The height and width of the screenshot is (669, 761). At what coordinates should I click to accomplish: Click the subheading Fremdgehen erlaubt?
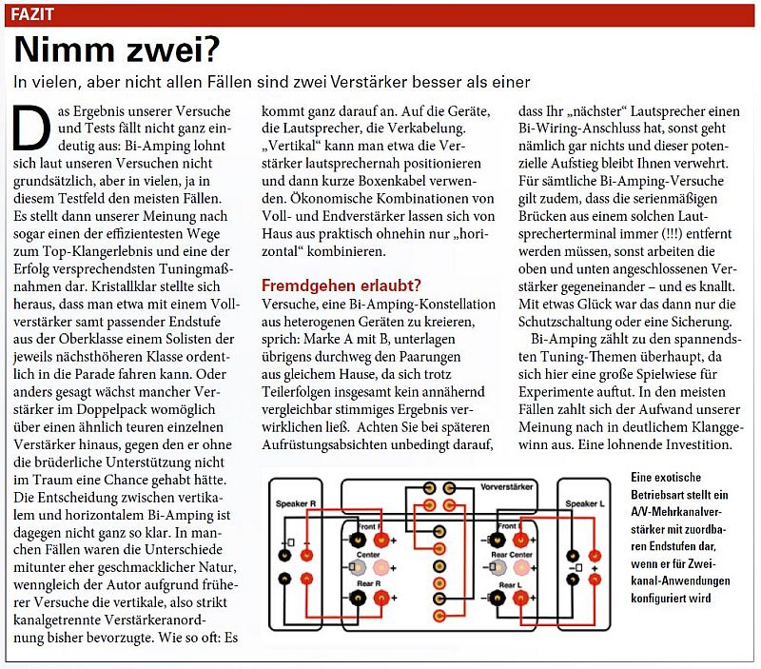tap(341, 285)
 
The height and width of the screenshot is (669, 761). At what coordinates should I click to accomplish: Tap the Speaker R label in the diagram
tap(296, 502)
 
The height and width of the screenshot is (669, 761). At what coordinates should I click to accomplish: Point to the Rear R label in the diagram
tap(368, 582)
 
